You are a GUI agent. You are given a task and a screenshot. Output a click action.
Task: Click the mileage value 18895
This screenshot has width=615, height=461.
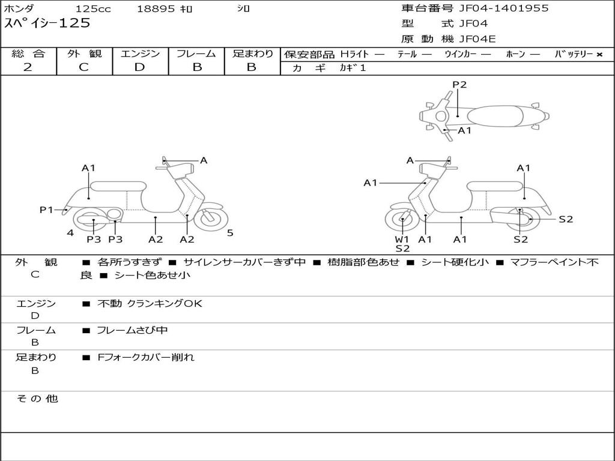(x=156, y=9)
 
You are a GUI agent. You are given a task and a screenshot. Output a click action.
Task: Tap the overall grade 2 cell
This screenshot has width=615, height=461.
(x=28, y=67)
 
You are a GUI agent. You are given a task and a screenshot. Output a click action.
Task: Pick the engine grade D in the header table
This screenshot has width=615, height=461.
(x=139, y=67)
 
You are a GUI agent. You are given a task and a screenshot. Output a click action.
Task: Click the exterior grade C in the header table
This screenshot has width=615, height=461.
(x=83, y=67)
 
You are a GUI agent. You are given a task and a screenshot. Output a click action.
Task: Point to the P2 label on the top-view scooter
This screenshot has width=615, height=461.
(x=459, y=85)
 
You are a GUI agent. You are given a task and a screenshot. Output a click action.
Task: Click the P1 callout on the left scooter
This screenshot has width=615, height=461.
(x=46, y=209)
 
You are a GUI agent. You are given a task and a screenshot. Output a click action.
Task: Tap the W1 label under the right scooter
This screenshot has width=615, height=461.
(x=402, y=240)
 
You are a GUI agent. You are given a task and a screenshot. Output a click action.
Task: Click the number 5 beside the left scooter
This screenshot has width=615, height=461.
(x=230, y=233)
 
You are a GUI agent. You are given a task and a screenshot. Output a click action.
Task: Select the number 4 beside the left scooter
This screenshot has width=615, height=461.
(x=70, y=233)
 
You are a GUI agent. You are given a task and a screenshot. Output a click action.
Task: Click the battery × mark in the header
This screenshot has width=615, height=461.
(x=599, y=54)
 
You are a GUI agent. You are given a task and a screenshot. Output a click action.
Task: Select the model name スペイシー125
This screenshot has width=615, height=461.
(x=47, y=23)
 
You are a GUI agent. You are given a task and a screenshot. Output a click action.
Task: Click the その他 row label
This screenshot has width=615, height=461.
(x=37, y=399)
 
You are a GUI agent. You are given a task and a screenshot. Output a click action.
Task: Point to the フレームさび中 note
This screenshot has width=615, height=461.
(x=132, y=330)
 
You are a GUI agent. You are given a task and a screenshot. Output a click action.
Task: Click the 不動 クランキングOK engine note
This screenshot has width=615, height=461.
(x=150, y=304)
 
